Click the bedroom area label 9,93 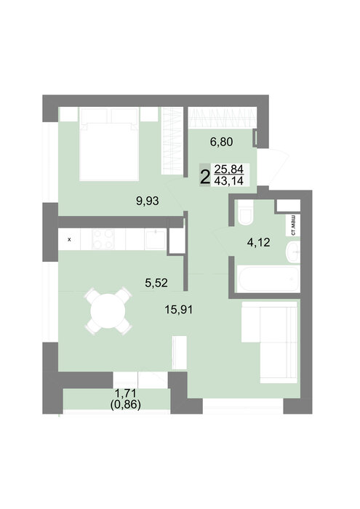click(x=148, y=201)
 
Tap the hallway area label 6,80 click(x=221, y=142)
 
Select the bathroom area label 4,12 click(x=258, y=242)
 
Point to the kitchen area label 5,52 click(x=156, y=283)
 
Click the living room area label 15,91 click(x=178, y=309)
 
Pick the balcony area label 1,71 click(x=126, y=393)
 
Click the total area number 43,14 click(x=229, y=180)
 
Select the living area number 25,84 click(x=229, y=169)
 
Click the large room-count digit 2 click(x=205, y=178)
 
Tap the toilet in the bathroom click(x=245, y=212)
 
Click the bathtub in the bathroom click(x=268, y=278)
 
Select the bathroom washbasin click(x=293, y=252)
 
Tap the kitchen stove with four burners click(x=103, y=239)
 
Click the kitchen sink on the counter click(x=155, y=239)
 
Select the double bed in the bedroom click(x=109, y=144)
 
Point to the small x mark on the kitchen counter click(x=69, y=240)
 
